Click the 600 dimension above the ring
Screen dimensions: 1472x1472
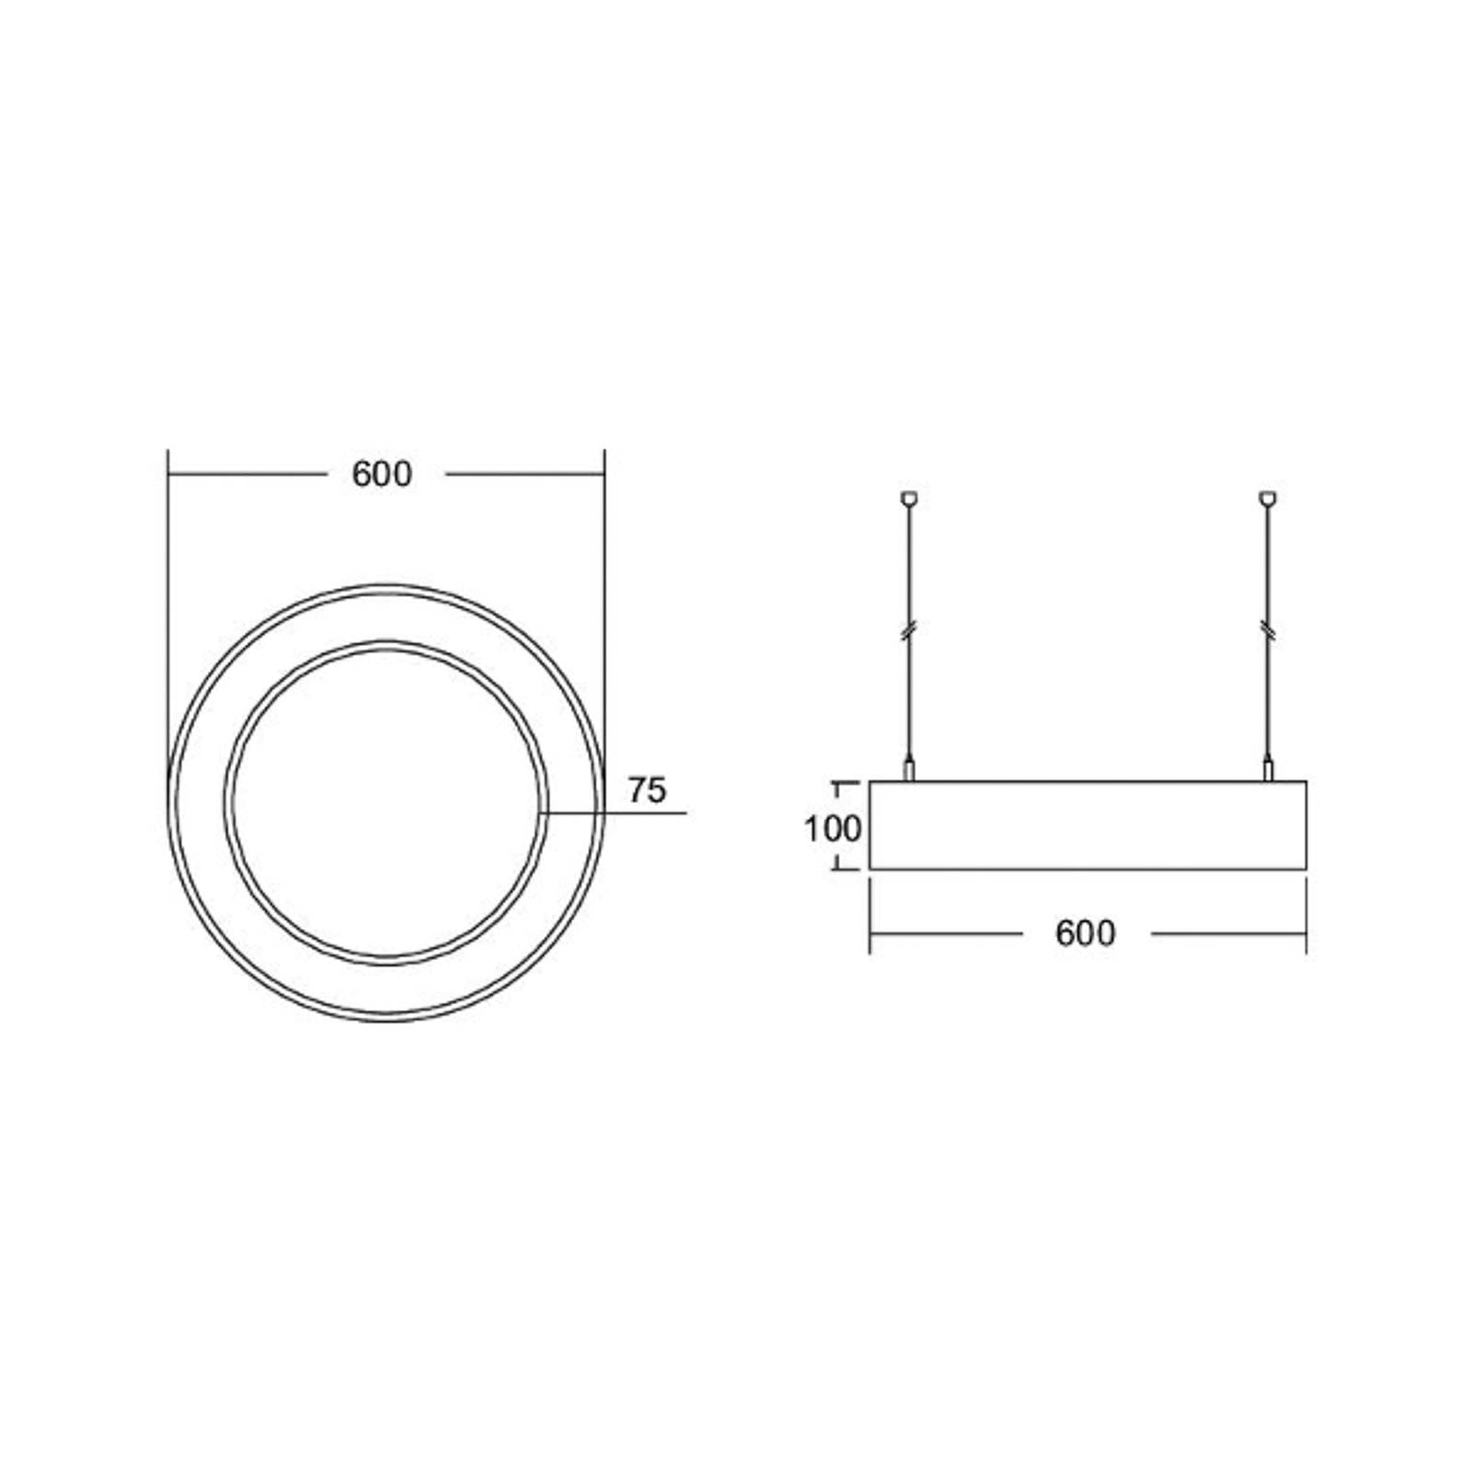click(x=382, y=475)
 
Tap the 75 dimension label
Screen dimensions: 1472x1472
click(x=647, y=790)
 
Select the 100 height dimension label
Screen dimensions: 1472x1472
click(x=833, y=829)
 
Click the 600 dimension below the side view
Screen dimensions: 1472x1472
click(x=1086, y=933)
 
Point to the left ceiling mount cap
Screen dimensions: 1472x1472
click(x=909, y=499)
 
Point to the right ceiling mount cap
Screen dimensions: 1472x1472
click(x=1269, y=499)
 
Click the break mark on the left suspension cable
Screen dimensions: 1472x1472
click(x=909, y=631)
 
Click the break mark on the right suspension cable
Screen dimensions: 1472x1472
click(x=1269, y=631)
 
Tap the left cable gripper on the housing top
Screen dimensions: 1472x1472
click(x=909, y=769)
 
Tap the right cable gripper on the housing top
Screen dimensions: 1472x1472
click(x=1269, y=769)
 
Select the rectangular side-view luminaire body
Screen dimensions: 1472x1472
click(x=1087, y=825)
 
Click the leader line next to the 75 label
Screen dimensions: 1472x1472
click(x=635, y=813)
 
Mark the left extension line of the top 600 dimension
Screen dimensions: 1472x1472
click(x=167, y=552)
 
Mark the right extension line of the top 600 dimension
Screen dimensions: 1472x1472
click(x=604, y=552)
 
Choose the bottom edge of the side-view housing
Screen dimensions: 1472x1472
click(x=1087, y=868)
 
